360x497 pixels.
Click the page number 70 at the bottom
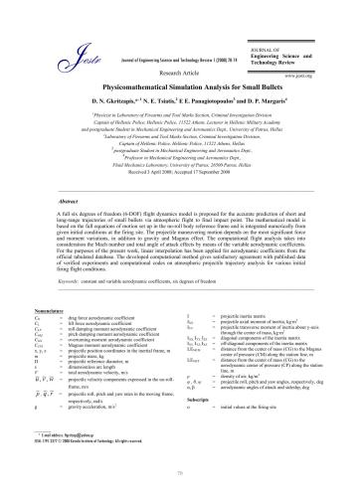pyautogui.click(x=179, y=477)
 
